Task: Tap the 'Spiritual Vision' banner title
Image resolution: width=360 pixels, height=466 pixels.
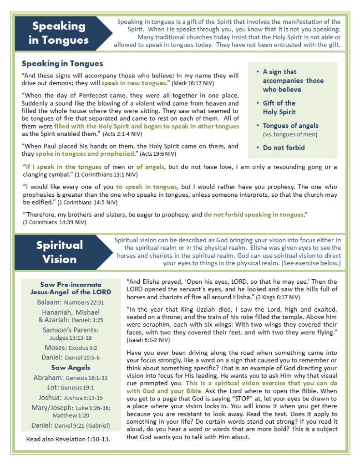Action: coord(60,252)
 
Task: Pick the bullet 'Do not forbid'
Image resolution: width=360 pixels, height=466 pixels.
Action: coord(284,148)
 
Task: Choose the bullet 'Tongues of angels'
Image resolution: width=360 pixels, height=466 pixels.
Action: coord(290,125)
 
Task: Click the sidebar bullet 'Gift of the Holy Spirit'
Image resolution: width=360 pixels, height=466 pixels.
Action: coord(279,108)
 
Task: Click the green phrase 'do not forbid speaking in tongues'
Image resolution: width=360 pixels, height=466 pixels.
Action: coord(254,215)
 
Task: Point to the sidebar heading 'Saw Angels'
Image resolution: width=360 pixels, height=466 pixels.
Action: coord(71,367)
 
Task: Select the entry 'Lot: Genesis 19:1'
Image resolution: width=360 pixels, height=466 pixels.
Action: coord(71,388)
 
